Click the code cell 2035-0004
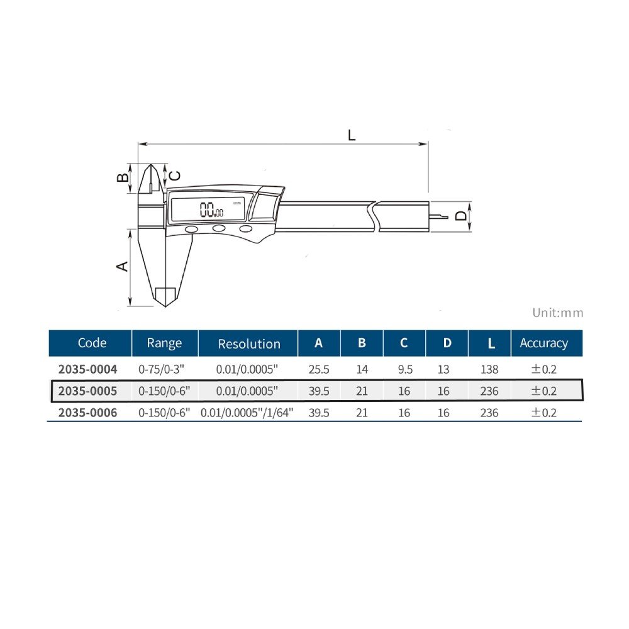(87, 369)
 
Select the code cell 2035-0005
(87, 391)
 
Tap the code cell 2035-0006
(87, 413)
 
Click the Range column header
(164, 343)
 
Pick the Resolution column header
(249, 344)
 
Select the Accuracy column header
(544, 343)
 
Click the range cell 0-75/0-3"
(161, 369)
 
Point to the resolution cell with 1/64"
(247, 413)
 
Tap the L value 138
(489, 369)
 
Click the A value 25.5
(319, 369)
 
